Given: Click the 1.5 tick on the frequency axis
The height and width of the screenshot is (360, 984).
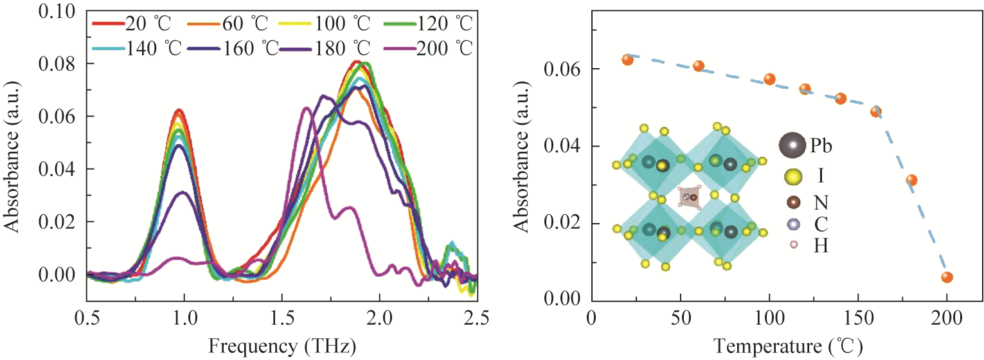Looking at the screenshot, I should pyautogui.click(x=282, y=317).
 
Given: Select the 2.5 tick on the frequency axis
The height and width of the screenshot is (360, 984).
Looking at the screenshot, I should pyautogui.click(x=476, y=317).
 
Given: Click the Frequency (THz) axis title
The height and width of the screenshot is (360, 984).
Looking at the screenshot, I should pyautogui.click(x=282, y=346).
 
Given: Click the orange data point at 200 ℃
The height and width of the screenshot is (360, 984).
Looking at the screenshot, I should pyautogui.click(x=947, y=277).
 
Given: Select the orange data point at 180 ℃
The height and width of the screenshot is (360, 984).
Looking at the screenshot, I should pyautogui.click(x=911, y=180).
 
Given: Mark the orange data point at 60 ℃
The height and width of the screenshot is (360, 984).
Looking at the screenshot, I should pyautogui.click(x=699, y=66).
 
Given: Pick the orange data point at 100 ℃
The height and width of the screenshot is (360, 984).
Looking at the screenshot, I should pyautogui.click(x=769, y=79).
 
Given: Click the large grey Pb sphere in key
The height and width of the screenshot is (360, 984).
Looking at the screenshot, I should pyautogui.click(x=791, y=146).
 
